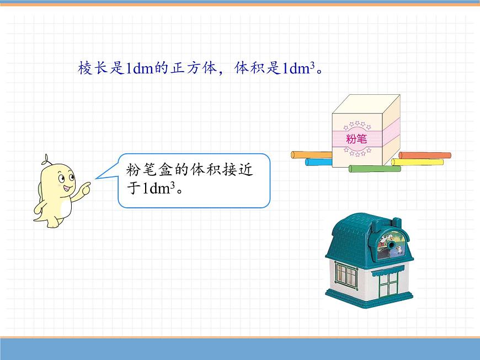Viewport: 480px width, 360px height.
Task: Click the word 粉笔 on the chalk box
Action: coord(356,139)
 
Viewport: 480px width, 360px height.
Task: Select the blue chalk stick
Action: coord(319,162)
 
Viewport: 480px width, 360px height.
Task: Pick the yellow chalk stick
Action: coord(417,162)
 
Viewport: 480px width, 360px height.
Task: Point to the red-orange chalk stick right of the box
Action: coord(425,155)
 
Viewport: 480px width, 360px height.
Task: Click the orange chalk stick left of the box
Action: coord(312,155)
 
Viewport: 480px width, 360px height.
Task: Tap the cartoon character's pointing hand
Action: coord(85,188)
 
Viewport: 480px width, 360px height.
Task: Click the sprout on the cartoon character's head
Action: coord(46,160)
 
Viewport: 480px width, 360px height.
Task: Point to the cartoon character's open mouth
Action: coord(68,187)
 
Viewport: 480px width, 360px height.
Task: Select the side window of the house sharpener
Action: coord(346,275)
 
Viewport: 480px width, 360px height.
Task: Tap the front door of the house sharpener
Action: coord(388,285)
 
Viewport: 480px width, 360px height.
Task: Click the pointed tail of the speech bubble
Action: coord(96,178)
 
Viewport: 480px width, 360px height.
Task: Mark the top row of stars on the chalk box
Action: coord(357,125)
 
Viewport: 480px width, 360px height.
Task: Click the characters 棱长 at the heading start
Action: coord(93,68)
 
